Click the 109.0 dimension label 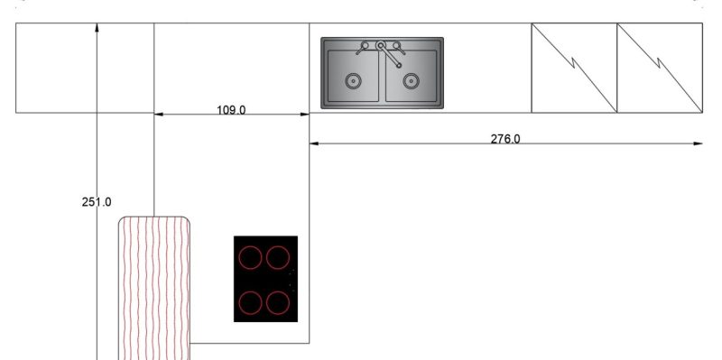pos(231,109)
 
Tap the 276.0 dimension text pos(505,138)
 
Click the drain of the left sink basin pos(352,81)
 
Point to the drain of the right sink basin pos(411,81)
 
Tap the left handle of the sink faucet pos(364,44)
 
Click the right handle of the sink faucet pos(398,43)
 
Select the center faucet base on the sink pos(382,44)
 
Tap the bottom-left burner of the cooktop pos(251,301)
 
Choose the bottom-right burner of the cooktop pos(277,301)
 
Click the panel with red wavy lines pos(154,289)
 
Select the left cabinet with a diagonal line pos(574,68)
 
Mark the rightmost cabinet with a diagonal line pos(660,68)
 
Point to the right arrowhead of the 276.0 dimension pos(698,143)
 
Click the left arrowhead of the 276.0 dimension pos(315,143)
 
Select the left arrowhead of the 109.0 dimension pos(159,115)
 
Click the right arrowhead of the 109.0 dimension pos(304,115)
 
